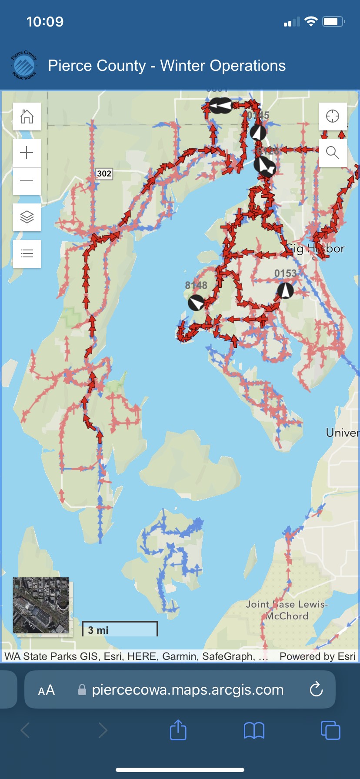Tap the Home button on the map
27,117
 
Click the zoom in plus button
27,153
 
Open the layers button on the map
27,217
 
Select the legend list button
27,253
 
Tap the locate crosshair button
333,117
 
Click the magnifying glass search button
333,153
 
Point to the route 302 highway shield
104,173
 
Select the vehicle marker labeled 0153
286,290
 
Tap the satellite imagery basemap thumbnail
41,605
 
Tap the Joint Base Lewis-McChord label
287,610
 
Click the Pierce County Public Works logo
24,65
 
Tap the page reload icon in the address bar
316,689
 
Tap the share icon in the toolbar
178,730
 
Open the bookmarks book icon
254,730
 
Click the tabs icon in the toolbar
330,730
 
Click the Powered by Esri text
317,656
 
